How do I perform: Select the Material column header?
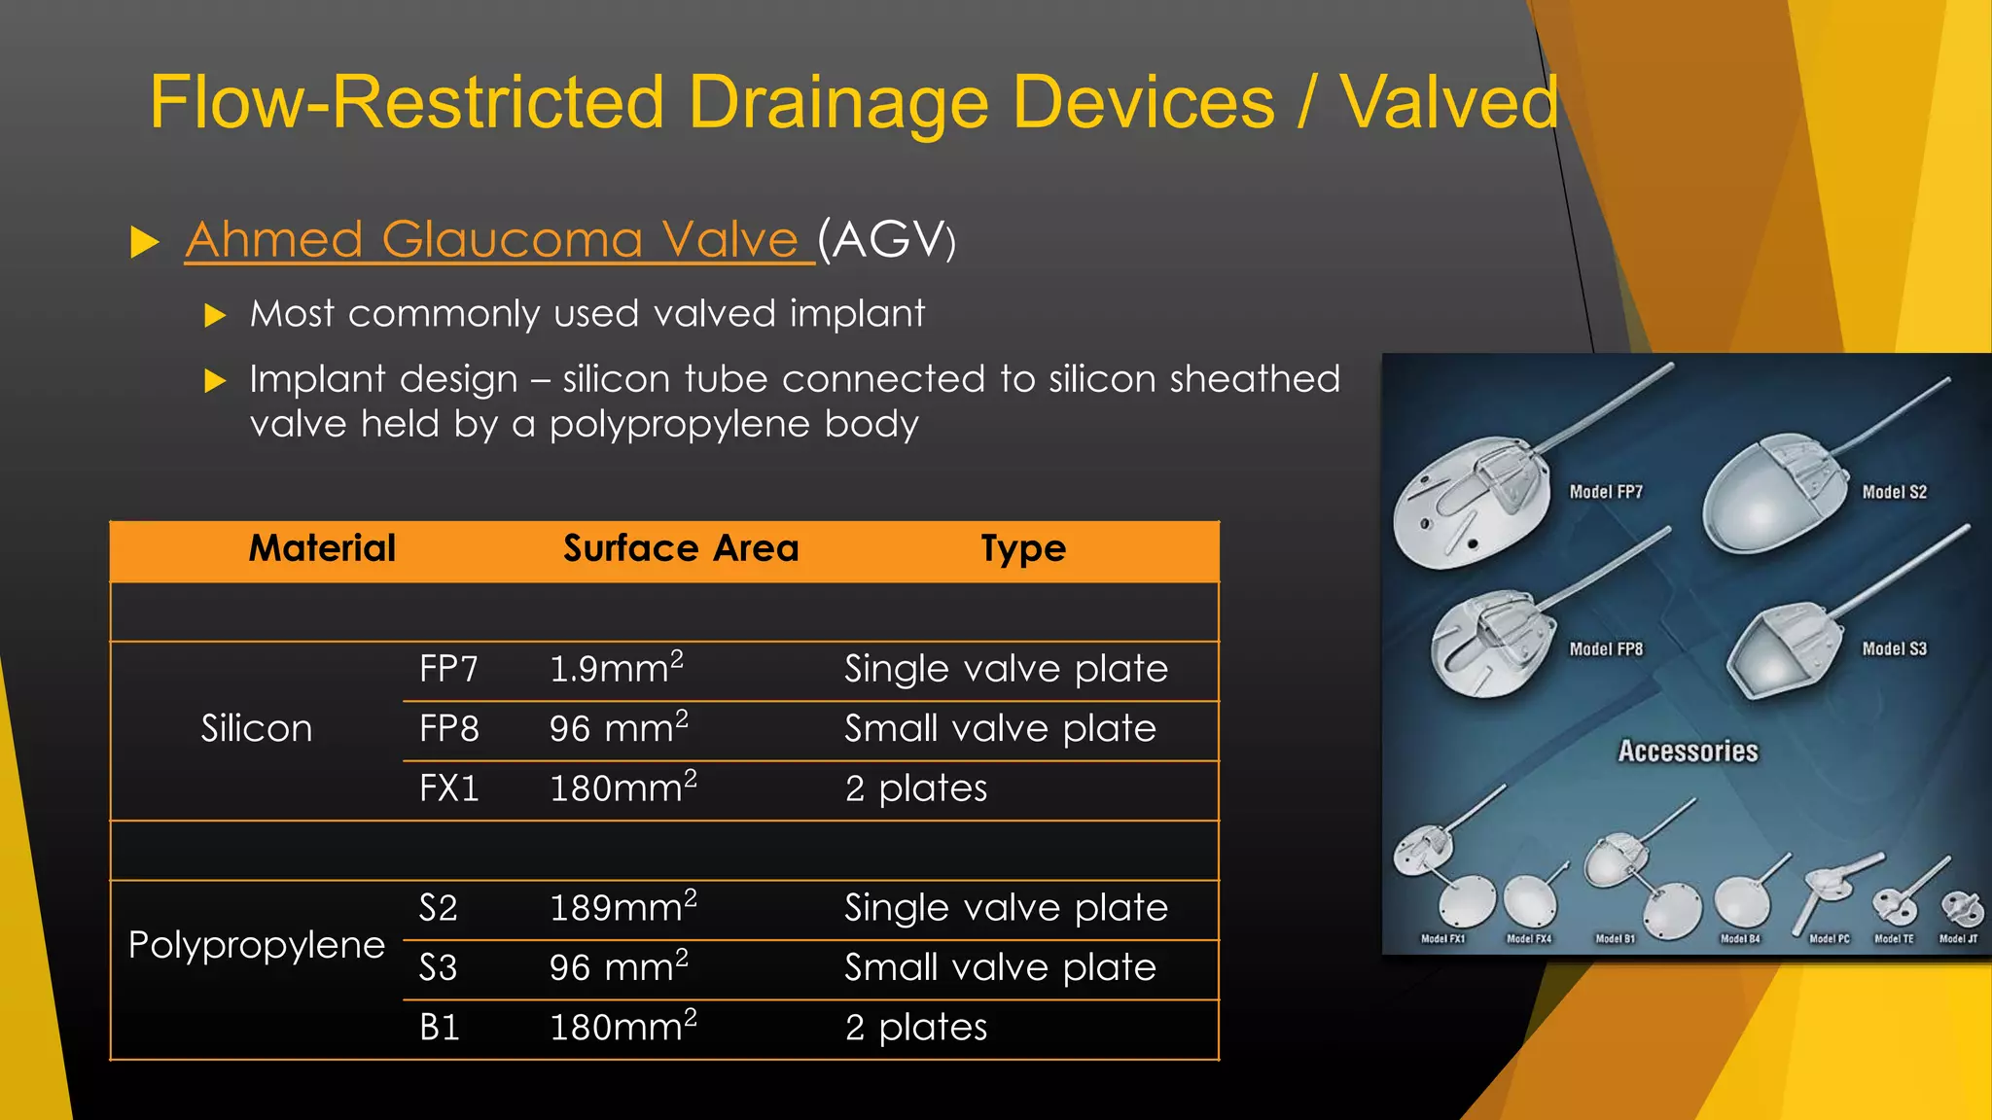(x=322, y=548)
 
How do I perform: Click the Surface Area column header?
(x=681, y=548)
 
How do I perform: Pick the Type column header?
(x=1023, y=549)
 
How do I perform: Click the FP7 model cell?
(x=448, y=669)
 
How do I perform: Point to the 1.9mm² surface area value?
(x=616, y=668)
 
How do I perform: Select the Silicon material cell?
(x=257, y=729)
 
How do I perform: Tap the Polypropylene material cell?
(x=257, y=945)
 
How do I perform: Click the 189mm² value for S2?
(x=622, y=907)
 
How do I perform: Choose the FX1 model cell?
(x=449, y=788)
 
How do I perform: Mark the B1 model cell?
(x=440, y=1028)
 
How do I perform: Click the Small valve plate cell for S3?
(x=1000, y=967)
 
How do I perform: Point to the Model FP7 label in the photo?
(x=1606, y=492)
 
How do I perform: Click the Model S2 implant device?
(x=1770, y=491)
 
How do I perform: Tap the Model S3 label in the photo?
(x=1894, y=648)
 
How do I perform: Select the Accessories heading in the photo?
(x=1688, y=752)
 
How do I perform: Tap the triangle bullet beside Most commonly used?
(x=216, y=315)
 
